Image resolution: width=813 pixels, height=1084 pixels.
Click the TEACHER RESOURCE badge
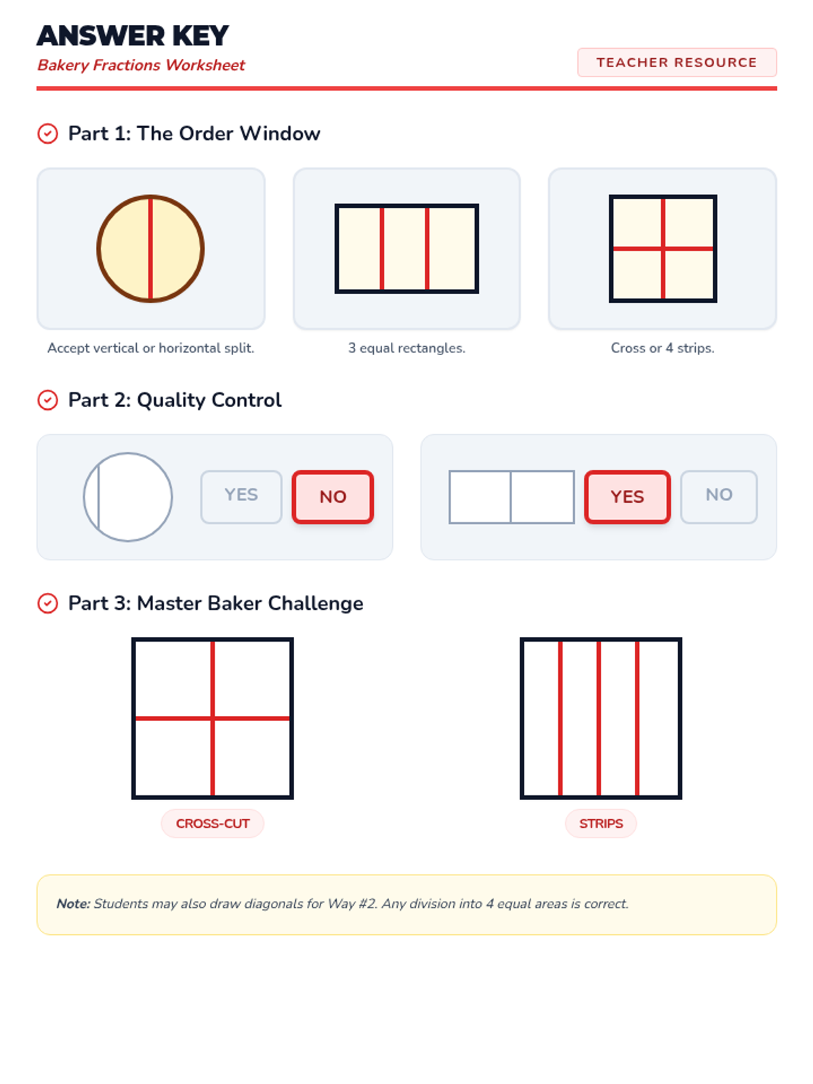[676, 62]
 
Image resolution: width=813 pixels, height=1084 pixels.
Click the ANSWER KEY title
[132, 35]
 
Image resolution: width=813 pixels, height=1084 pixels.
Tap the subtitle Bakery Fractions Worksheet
[141, 64]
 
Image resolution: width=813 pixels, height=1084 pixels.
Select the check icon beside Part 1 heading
[48, 133]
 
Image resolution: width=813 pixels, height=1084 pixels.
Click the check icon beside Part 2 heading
[48, 400]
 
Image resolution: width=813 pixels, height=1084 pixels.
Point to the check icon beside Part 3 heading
[48, 603]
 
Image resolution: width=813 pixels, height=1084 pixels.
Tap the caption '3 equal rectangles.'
[406, 348]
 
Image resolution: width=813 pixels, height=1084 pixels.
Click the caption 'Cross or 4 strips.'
[663, 348]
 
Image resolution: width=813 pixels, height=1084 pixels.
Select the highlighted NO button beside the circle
[333, 497]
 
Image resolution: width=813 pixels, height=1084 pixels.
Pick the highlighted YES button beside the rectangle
[627, 497]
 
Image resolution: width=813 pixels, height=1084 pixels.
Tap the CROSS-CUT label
[213, 823]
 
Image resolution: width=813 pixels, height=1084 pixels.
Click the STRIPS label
[601, 823]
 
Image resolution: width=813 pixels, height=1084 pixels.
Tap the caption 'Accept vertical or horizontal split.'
[150, 348]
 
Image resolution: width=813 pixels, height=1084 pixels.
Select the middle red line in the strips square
[599, 718]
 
